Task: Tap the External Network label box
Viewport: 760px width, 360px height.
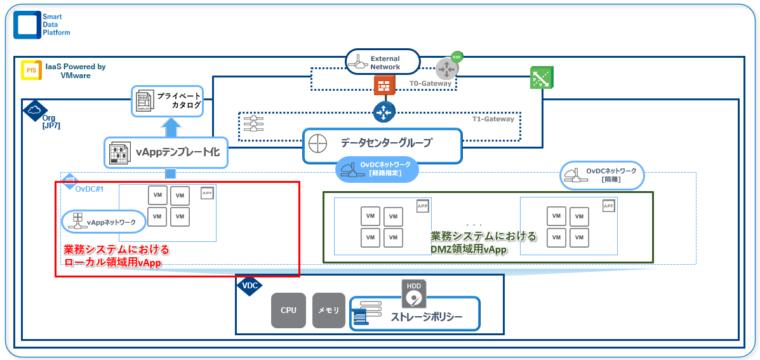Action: click(x=383, y=63)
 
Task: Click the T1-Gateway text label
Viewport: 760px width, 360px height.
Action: click(x=493, y=119)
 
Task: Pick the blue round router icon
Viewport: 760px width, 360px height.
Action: click(x=384, y=112)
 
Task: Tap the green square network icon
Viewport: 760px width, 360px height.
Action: click(x=541, y=78)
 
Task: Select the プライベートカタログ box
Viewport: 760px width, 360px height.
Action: click(x=167, y=101)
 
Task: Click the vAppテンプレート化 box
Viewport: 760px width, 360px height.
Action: click(x=165, y=152)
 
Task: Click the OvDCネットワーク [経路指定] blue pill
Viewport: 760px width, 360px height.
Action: click(x=373, y=169)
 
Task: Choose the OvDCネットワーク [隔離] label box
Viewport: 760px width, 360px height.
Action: click(x=602, y=175)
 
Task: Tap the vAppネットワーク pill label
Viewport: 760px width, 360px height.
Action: click(x=103, y=221)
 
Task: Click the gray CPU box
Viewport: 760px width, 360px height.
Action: click(x=288, y=310)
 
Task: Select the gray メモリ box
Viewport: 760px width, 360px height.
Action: click(x=328, y=310)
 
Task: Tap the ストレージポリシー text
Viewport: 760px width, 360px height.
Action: click(x=426, y=317)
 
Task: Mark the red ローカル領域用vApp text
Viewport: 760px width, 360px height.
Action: click(x=112, y=256)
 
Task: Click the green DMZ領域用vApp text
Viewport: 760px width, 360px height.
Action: click(x=484, y=243)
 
